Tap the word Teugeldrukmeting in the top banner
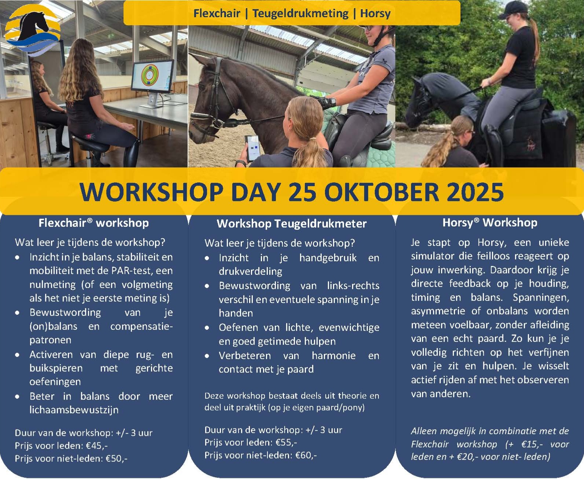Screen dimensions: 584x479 point(300,13)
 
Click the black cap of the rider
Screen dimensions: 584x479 point(512,10)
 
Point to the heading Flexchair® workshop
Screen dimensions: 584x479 point(93,223)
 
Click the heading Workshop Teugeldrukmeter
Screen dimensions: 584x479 point(292,224)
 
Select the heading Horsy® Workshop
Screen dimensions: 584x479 point(490,222)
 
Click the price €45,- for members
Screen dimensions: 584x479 point(97,446)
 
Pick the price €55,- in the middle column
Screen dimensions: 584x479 point(287,442)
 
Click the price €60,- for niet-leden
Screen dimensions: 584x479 point(306,455)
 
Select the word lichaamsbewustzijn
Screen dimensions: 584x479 point(74,410)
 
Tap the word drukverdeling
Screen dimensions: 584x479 point(250,271)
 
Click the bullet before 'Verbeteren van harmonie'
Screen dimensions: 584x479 point(207,356)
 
